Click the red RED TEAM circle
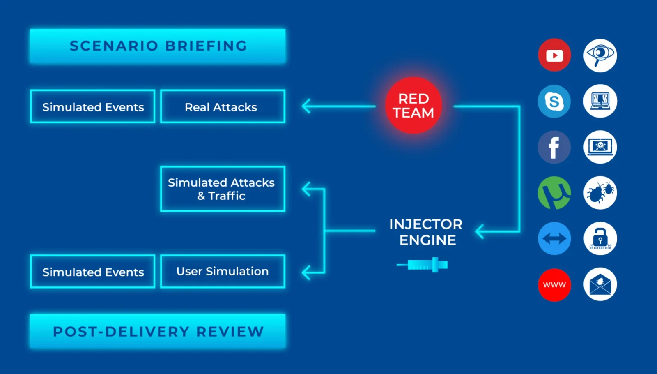(413, 105)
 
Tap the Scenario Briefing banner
(158, 46)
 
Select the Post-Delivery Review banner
(158, 331)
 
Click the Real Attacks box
(223, 106)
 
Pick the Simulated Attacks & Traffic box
(223, 189)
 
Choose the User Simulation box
(223, 271)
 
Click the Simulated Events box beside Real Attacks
(93, 106)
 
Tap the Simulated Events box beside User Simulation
(93, 271)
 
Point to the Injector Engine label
(426, 232)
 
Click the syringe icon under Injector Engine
(422, 265)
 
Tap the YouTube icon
(554, 55)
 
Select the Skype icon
(554, 101)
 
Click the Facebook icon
(554, 147)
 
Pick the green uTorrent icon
(554, 193)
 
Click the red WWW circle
(554, 285)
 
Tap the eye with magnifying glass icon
(600, 55)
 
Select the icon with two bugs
(600, 193)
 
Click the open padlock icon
(600, 238)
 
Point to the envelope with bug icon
(600, 284)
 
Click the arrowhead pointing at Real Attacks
(306, 106)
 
